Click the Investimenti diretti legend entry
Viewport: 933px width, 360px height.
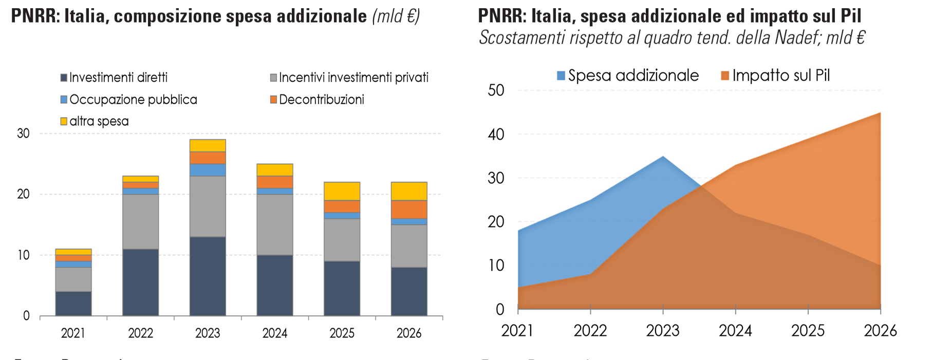[114, 78]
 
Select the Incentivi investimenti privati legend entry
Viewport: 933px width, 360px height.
[349, 78]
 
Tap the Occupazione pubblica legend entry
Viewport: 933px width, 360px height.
[129, 100]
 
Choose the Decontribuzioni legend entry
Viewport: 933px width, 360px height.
[317, 100]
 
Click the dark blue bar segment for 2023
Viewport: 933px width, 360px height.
[208, 276]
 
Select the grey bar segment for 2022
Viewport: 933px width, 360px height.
[140, 222]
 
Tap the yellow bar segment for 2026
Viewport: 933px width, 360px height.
[409, 191]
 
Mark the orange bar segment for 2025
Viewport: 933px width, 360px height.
[342, 206]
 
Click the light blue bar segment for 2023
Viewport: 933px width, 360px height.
[208, 170]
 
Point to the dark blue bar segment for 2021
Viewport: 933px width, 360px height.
[73, 304]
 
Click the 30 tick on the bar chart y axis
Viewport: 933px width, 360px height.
[24, 134]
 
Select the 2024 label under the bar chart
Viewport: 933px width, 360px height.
[275, 333]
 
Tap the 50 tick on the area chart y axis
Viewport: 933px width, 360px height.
[496, 90]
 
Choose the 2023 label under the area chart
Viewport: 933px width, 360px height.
[663, 331]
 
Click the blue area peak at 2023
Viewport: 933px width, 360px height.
[663, 157]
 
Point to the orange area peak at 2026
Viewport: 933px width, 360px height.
[880, 113]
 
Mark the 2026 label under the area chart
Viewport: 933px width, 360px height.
[880, 331]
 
